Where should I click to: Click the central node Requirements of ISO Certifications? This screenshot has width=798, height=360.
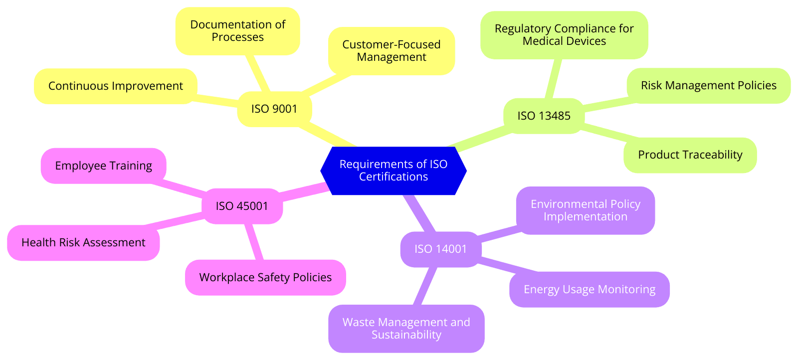point(393,171)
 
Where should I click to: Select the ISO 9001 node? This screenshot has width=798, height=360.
point(274,109)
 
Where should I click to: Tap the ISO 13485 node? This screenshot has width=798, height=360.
point(544,116)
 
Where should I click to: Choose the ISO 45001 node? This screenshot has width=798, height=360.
point(242,206)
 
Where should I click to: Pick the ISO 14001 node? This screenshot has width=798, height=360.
point(440,249)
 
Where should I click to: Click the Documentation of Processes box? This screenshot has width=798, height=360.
point(237,31)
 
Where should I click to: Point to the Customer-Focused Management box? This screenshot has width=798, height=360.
point(391,51)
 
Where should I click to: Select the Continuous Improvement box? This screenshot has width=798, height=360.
point(115,86)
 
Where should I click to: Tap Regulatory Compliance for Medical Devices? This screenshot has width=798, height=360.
point(564,35)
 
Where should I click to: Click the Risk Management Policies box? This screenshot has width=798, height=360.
point(708,85)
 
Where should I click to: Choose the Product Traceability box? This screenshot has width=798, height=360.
point(690,155)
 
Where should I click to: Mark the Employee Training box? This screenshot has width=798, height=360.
point(103,166)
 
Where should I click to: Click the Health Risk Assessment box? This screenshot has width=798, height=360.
point(83,242)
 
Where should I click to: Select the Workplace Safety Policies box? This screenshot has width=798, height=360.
point(265,277)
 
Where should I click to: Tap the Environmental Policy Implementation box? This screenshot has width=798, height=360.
point(585,210)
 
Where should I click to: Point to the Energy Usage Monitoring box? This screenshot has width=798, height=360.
point(589,289)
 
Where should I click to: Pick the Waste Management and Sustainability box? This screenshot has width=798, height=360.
point(406,328)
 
